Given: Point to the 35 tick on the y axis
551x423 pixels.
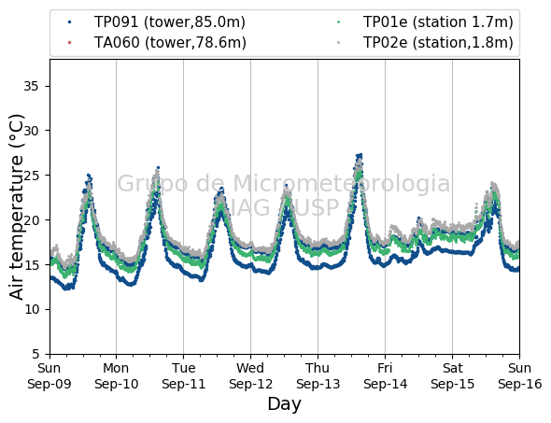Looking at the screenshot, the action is (31, 86).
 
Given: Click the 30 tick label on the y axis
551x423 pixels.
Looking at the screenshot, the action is (31, 131).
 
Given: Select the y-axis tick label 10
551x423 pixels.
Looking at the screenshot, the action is (31, 309).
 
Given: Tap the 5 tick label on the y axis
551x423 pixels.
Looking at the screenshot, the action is (35, 354).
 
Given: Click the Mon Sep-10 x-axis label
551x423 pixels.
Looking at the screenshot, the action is (117, 376).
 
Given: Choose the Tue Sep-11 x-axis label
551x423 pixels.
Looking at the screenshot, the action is (183, 376).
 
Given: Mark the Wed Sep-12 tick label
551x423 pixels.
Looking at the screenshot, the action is (250, 376).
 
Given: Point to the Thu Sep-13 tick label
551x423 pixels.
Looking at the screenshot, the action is (318, 376).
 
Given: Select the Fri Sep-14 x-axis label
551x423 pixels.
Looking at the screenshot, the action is (385, 376).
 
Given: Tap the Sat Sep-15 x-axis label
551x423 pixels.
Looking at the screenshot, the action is (452, 376).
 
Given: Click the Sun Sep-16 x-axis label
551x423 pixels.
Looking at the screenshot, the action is (520, 376).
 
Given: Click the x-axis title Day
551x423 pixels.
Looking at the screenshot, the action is (284, 404).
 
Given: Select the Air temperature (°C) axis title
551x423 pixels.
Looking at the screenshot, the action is (16, 207).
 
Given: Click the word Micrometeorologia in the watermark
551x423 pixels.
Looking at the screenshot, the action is (342, 183).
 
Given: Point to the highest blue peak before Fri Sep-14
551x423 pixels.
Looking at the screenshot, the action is (360, 155).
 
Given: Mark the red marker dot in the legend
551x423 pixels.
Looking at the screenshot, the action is (70, 43).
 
